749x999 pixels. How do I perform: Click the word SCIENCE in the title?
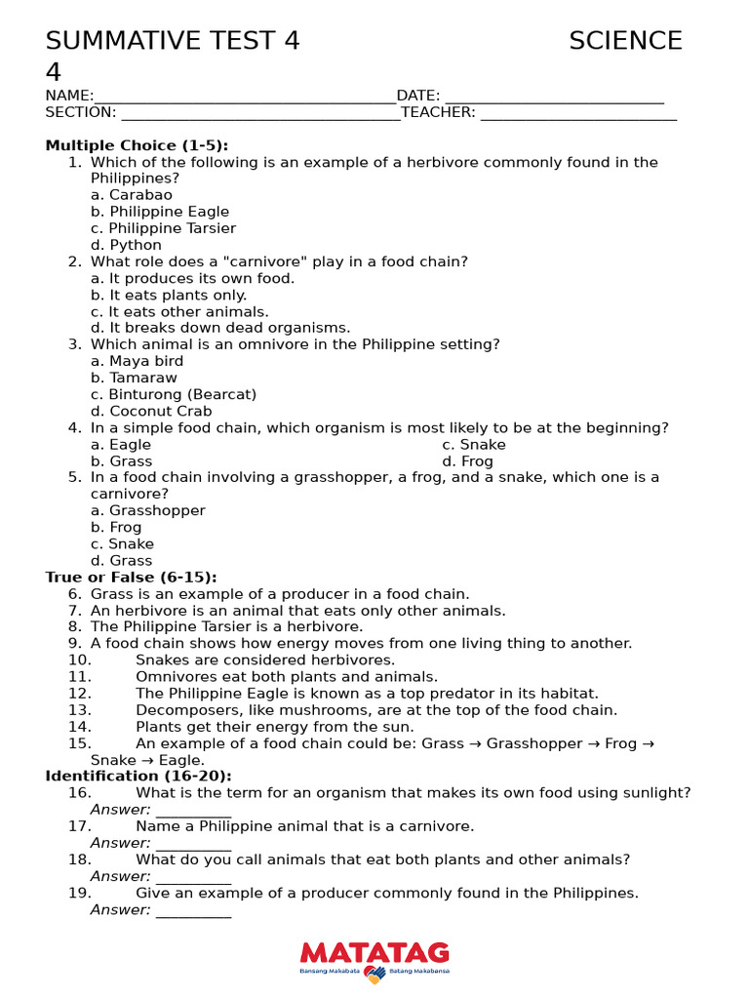tap(625, 41)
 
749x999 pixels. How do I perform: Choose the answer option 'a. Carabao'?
tap(132, 195)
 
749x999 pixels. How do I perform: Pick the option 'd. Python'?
tap(127, 245)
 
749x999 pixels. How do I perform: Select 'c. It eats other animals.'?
tap(179, 312)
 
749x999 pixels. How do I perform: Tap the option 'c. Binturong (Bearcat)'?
tap(174, 394)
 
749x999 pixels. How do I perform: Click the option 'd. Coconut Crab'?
tap(151, 411)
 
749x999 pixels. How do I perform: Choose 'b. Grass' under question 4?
tap(122, 460)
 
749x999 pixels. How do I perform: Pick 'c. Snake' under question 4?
tap(474, 444)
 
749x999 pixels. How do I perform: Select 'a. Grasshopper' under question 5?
tap(148, 510)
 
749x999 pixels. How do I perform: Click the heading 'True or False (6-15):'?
tap(131, 578)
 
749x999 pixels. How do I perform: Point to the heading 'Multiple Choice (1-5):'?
tap(137, 145)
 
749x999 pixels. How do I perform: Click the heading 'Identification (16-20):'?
tap(138, 776)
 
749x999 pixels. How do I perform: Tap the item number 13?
tap(80, 710)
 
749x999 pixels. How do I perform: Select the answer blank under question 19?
tap(193, 911)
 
